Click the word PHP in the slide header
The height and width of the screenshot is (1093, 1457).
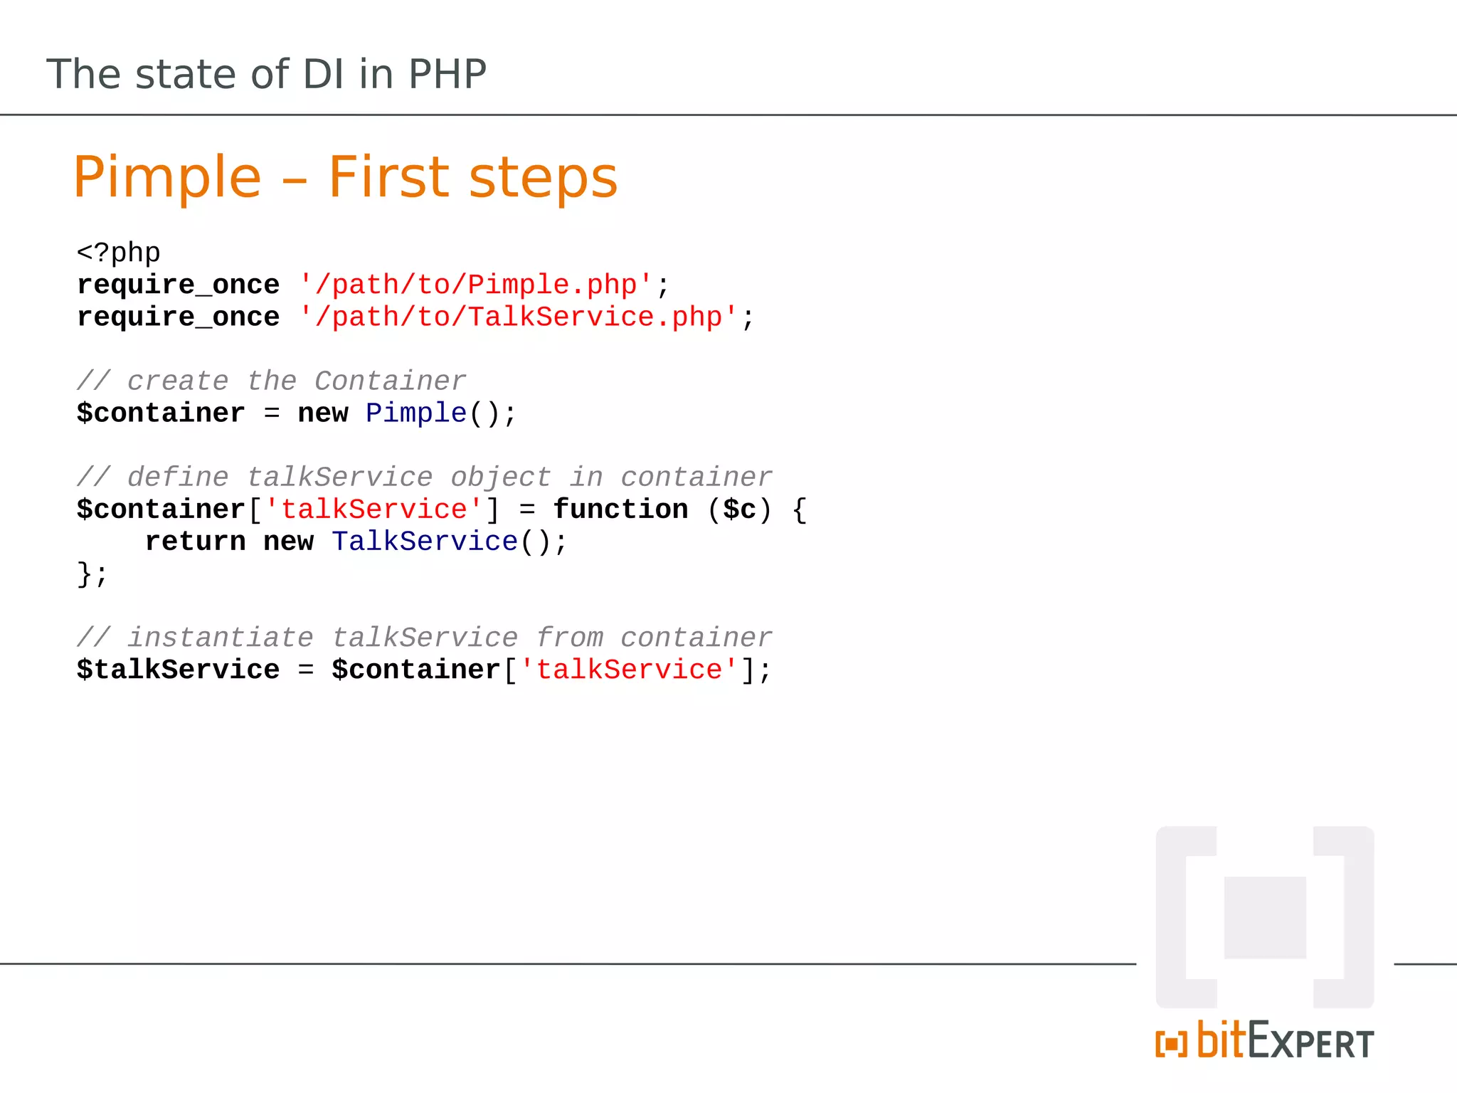point(447,74)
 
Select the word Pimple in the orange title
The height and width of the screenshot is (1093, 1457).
point(167,178)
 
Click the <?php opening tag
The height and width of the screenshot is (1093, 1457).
point(119,253)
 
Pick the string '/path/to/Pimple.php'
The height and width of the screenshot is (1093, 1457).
point(475,285)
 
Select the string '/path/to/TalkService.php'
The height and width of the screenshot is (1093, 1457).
point(517,317)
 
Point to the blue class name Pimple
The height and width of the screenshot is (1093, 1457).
point(416,413)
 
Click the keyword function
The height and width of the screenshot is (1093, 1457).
point(620,509)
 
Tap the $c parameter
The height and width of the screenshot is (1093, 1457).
point(739,509)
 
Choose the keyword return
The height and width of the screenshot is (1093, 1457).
point(195,542)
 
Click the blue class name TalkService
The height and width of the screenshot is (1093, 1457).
point(425,542)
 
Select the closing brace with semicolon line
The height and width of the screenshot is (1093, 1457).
point(92,574)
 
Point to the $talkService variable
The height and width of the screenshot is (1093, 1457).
point(178,670)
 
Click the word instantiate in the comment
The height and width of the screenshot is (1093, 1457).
point(221,638)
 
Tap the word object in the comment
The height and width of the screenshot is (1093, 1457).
point(500,477)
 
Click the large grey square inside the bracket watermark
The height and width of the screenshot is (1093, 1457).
point(1265,917)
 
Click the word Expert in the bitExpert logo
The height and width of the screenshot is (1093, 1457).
point(1310,1042)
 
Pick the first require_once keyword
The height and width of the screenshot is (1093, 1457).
point(178,285)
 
